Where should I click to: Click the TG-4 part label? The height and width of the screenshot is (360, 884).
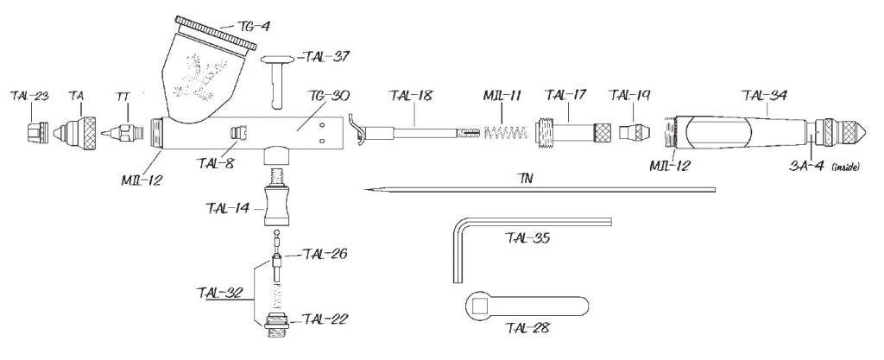[x=253, y=27]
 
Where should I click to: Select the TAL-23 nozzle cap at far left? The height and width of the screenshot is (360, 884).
[x=35, y=135]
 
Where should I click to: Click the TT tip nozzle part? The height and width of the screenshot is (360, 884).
[x=121, y=135]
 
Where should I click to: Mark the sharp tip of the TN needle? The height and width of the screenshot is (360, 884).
[x=367, y=189]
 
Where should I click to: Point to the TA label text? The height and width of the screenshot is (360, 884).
[x=76, y=97]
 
